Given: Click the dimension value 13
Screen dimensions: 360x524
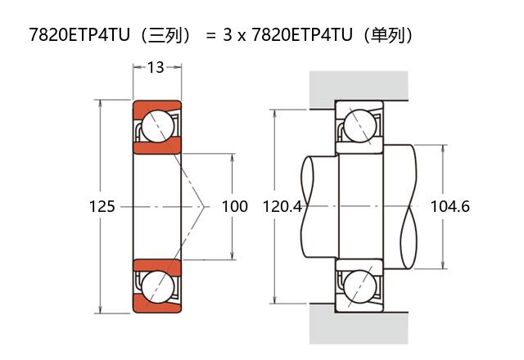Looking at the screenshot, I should (x=156, y=67).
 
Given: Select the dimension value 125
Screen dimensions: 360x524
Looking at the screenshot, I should (x=102, y=206).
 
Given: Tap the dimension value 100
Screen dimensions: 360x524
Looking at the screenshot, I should (x=235, y=206).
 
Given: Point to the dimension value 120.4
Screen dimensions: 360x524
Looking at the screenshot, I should (x=282, y=206).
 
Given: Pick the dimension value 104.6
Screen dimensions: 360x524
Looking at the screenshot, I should (x=449, y=206).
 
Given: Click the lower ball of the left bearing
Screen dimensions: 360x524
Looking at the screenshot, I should (x=156, y=287).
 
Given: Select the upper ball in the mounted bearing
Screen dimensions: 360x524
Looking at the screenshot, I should (x=359, y=127).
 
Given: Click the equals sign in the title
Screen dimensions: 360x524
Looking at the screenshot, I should (x=210, y=37).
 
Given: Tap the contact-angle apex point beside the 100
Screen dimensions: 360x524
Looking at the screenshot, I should (x=205, y=206).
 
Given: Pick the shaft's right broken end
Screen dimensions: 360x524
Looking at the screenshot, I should (x=411, y=206).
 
